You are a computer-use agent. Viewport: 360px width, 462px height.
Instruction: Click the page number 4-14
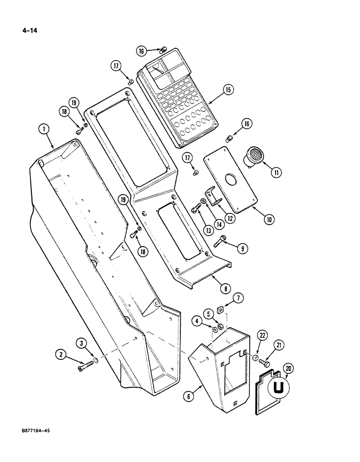tap(28, 31)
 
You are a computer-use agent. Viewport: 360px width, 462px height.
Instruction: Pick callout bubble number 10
tap(268, 219)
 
